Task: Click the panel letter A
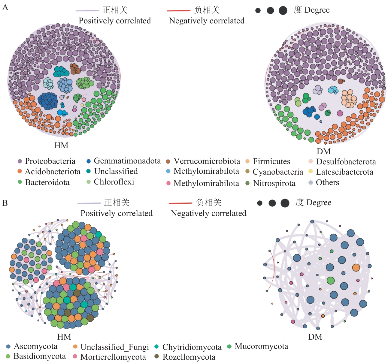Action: [x=5, y=7]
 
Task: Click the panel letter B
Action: [x=5, y=203]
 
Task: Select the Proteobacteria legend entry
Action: [x=50, y=161]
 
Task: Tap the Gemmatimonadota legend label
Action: [x=127, y=161]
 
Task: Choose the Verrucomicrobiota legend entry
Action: [x=207, y=161]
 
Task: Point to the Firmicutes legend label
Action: [x=271, y=161]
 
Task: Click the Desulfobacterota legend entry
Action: [x=346, y=162]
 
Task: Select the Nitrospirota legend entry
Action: [x=274, y=183]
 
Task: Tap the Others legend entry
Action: [x=327, y=182]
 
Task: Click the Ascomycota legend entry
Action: [x=35, y=346]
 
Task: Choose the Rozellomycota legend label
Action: [x=189, y=357]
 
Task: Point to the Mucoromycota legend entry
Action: [x=261, y=346]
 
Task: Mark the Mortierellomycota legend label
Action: [x=113, y=357]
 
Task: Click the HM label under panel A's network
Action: [x=61, y=145]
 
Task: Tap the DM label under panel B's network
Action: [x=315, y=337]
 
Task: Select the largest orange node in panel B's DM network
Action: [x=356, y=267]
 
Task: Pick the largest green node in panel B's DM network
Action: [x=331, y=281]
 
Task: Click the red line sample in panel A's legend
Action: [x=178, y=10]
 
